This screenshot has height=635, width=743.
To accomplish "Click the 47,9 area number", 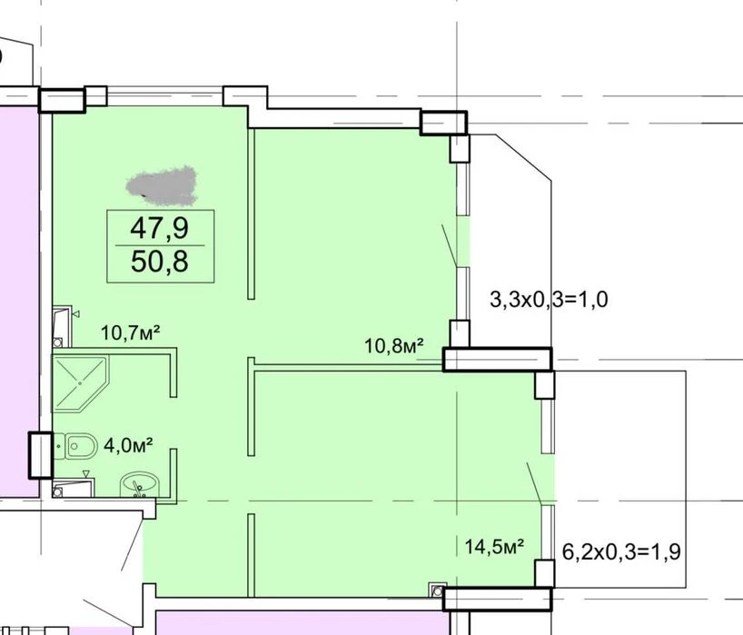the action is [160, 228].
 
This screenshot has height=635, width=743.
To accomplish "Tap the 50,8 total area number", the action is [160, 261].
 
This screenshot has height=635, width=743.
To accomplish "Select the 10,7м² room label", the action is [130, 332].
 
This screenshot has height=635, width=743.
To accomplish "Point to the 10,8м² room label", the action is [393, 345].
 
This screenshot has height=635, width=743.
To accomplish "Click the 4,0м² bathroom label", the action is [128, 445].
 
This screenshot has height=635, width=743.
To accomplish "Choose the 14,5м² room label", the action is [494, 546].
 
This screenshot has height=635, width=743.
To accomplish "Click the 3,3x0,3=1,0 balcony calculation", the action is [549, 300].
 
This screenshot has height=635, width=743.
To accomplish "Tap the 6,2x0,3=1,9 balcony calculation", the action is [621, 551].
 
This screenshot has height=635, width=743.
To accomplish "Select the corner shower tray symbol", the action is [80, 383].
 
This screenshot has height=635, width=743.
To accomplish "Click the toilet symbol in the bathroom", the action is [75, 445].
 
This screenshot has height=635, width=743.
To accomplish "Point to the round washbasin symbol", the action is [140, 485].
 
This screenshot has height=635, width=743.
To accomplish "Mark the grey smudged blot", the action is [162, 185].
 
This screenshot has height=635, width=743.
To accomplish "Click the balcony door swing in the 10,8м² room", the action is [450, 245].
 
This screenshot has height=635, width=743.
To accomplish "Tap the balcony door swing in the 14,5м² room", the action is [534, 483].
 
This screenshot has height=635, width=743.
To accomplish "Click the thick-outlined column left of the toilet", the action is [41, 455].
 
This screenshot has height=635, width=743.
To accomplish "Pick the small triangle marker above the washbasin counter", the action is [86, 474].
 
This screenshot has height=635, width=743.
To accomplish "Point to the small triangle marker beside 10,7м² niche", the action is [75, 313].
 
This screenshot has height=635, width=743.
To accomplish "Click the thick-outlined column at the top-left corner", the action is [62, 100].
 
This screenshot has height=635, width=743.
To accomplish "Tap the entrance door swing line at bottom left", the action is [133, 545].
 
